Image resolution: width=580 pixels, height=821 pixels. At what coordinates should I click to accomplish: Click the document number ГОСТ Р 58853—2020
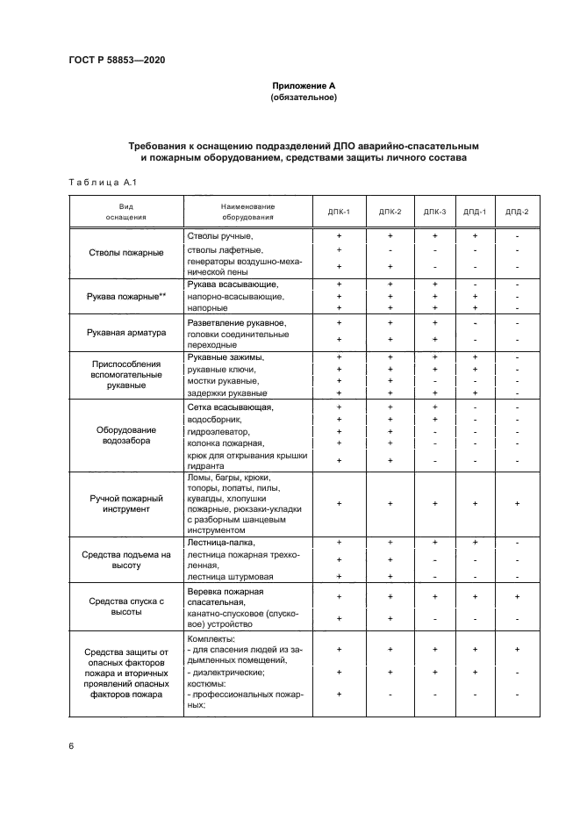116,60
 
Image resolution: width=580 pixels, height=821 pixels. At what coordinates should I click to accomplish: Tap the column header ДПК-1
340,212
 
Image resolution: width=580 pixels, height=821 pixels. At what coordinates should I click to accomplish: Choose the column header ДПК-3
434,212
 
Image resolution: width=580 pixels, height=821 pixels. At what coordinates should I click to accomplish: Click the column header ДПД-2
517,212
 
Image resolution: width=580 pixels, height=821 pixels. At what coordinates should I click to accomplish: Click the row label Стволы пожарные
126,253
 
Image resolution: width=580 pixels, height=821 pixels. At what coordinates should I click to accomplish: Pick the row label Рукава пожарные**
126,297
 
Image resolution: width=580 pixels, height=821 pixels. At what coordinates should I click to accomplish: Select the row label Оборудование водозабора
126,436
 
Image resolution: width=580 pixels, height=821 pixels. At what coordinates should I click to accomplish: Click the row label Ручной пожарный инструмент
126,503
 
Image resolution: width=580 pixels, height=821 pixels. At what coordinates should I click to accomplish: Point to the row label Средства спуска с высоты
126,607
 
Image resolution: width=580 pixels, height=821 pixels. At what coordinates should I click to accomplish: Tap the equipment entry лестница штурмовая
230,576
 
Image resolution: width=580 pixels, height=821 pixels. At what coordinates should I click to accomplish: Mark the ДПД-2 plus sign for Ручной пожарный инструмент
517,503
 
